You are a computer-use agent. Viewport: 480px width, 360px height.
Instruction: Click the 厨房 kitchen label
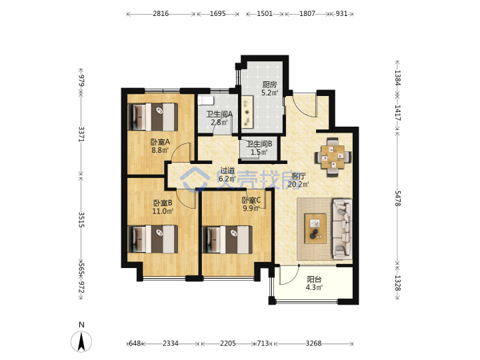tap(269, 85)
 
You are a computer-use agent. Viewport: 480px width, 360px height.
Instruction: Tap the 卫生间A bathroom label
tap(219, 114)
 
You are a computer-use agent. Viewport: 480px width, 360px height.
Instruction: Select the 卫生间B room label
tap(259, 144)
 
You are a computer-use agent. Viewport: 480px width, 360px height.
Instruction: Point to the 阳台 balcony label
tap(314, 279)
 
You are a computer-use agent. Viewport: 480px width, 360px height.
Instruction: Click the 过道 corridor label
tap(227, 171)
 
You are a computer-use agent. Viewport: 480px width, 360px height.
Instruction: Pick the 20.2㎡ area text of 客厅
tap(298, 184)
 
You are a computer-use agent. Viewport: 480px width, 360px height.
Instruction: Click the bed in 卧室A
tap(153, 117)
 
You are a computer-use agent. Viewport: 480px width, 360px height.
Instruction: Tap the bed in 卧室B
tap(153, 239)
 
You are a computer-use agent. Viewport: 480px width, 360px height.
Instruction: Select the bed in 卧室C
tap(227, 240)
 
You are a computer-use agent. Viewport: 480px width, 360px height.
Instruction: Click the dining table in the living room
tap(333, 157)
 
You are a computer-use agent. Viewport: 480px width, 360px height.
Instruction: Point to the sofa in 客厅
tap(342, 229)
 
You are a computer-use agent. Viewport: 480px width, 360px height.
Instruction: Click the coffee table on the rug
tap(315, 229)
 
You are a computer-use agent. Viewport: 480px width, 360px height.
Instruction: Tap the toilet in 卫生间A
tap(205, 101)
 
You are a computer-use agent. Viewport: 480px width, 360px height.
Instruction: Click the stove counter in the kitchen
tap(247, 111)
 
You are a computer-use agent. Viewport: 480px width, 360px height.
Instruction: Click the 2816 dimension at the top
tap(161, 13)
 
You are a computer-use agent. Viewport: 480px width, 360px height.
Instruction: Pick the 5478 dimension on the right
tap(397, 199)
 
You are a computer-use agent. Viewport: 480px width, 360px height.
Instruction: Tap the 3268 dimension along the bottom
tap(313, 343)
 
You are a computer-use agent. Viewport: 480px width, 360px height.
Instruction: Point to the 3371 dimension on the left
tap(81, 134)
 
